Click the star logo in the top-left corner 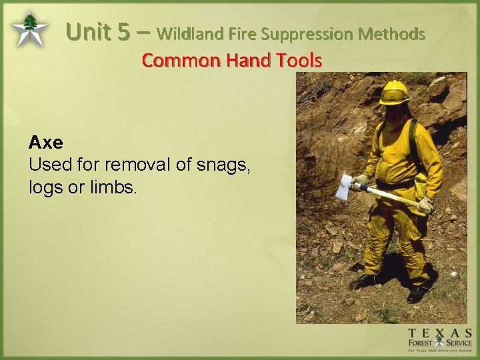coord(29,30)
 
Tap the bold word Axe coord(45,142)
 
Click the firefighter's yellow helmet coord(394,92)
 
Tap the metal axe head coord(343,187)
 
